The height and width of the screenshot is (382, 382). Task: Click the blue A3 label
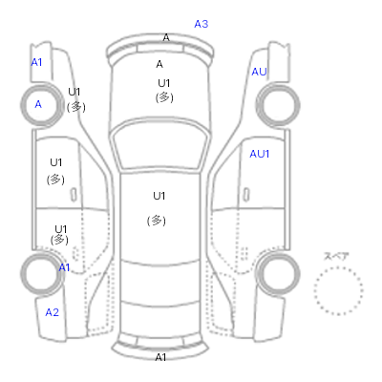tap(202, 24)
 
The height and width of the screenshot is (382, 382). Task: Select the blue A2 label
tap(53, 312)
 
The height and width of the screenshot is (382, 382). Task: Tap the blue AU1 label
tap(260, 154)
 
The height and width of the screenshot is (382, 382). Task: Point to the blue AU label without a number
tap(259, 72)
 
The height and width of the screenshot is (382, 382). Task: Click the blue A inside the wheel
tap(38, 104)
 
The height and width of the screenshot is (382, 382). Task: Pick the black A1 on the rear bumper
tap(160, 357)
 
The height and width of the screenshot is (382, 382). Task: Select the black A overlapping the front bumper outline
tap(166, 37)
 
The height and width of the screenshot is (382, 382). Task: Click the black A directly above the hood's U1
tap(159, 64)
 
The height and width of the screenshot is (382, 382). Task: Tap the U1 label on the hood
tap(164, 83)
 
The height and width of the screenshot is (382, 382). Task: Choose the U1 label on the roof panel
tap(159, 196)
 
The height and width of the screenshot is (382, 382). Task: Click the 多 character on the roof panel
tap(157, 221)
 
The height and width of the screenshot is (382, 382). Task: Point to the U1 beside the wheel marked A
tap(74, 92)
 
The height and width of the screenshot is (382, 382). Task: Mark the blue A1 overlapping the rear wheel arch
tap(64, 267)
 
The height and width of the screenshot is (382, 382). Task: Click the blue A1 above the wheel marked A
tap(36, 62)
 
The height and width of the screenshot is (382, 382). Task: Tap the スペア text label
tap(336, 256)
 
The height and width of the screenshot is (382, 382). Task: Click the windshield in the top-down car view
tap(160, 144)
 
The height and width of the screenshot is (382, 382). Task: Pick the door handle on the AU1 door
tap(246, 195)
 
